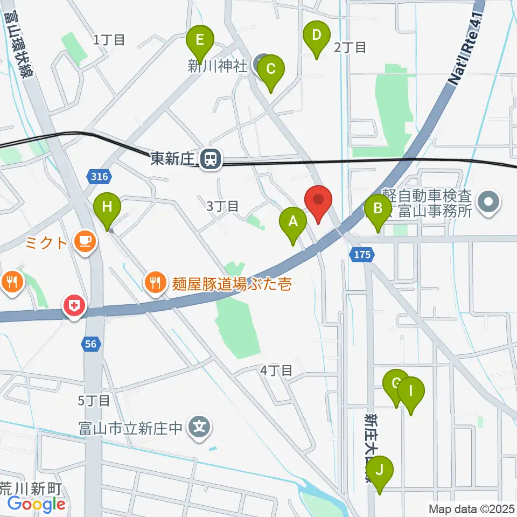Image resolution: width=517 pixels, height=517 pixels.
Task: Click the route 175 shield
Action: pyautogui.click(x=362, y=255)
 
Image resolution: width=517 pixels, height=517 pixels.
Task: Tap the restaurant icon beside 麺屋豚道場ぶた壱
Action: pyautogui.click(x=155, y=283)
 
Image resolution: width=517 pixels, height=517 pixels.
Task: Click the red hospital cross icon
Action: pyautogui.click(x=75, y=307)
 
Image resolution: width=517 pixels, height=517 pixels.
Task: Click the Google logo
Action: pyautogui.click(x=37, y=505)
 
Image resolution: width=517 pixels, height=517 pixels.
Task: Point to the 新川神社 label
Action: pyautogui.click(x=217, y=66)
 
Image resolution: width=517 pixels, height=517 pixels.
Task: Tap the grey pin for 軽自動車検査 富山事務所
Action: pyautogui.click(x=491, y=203)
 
